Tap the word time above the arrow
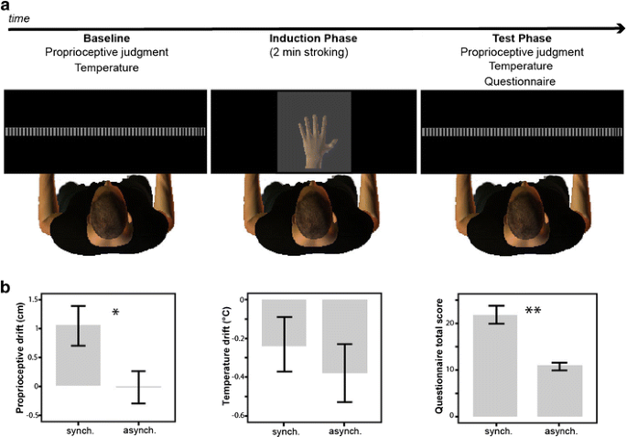[x=19, y=17]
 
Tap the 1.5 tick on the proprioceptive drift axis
[x=34, y=300]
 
